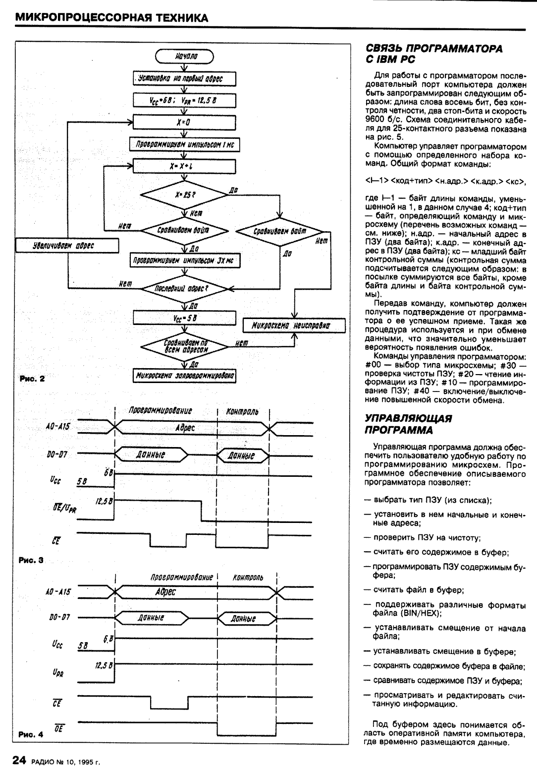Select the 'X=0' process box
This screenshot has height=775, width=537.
point(184,122)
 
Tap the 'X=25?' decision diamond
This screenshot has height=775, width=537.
point(184,195)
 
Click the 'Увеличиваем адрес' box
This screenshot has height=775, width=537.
point(67,246)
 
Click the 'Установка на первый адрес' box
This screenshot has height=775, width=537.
point(184,78)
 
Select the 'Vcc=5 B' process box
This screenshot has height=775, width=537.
point(184,318)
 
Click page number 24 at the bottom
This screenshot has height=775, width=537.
point(19,761)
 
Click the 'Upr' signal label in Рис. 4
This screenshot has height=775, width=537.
point(57,673)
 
